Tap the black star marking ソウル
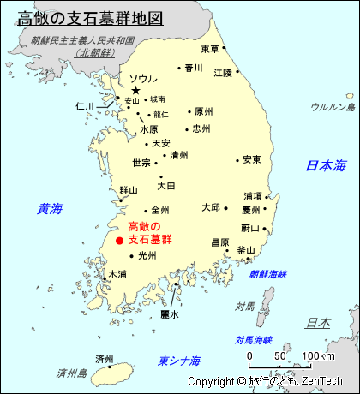click(135, 90)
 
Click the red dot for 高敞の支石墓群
click(119, 242)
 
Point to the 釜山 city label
click(245, 250)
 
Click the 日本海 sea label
click(327, 165)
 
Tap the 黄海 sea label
click(50, 208)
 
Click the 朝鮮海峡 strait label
click(268, 274)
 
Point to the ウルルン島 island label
click(333, 107)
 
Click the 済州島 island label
click(72, 373)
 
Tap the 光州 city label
click(147, 255)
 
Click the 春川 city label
click(193, 68)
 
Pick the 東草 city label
click(209, 49)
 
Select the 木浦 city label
click(116, 274)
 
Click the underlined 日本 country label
click(318, 322)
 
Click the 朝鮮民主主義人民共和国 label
click(82, 40)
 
